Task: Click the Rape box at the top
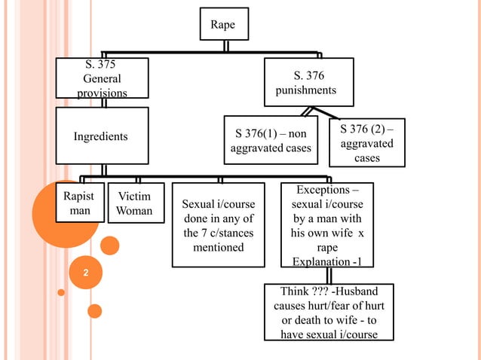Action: click(223, 25)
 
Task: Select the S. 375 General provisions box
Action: click(102, 78)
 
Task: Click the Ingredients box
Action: click(101, 137)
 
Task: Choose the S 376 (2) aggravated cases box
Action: click(367, 142)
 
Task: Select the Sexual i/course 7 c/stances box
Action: click(219, 225)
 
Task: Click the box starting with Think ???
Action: click(329, 313)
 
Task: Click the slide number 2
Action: click(85, 272)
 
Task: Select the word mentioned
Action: click(219, 247)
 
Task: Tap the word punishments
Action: click(305, 90)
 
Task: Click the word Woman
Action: click(134, 211)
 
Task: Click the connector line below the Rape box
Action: click(225, 46)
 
